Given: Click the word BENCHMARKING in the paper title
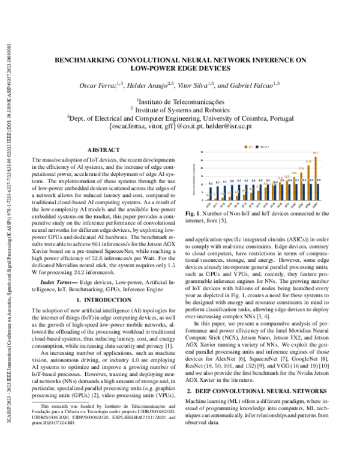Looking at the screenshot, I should pyautogui.click(x=91, y=60).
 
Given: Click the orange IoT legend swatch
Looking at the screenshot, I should pyautogui.click(x=247, y=146).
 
